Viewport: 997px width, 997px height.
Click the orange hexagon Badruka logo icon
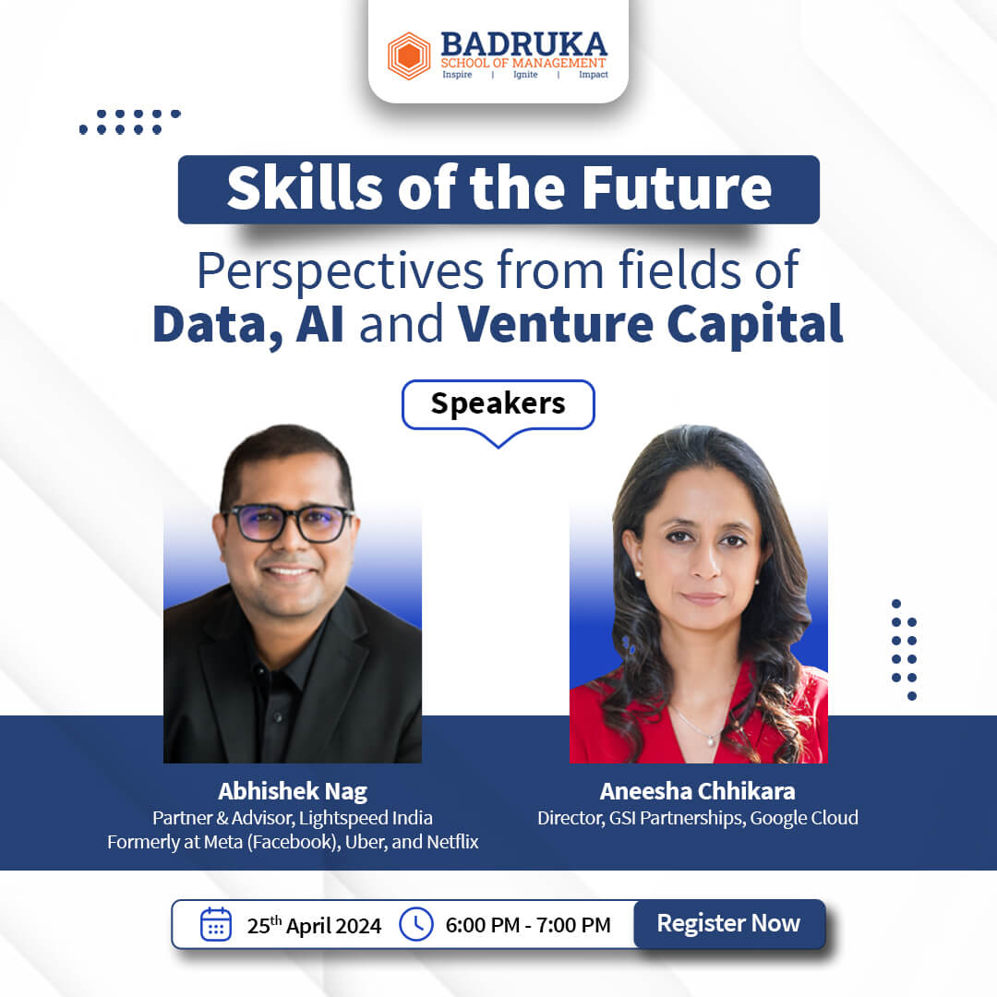point(409,56)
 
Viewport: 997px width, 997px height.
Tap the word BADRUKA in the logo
point(524,44)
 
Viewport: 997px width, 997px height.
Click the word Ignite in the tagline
point(525,75)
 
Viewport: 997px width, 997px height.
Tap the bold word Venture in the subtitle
point(555,324)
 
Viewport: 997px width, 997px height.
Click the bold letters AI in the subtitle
point(319,324)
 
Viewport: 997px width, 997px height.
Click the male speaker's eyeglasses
point(290,523)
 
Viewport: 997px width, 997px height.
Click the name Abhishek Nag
point(293,791)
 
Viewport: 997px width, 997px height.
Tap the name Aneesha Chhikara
point(698,791)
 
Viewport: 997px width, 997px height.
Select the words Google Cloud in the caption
point(804,818)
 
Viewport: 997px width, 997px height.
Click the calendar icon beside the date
point(215,924)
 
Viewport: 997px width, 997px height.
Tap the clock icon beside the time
point(415,924)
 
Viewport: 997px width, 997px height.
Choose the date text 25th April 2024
point(314,925)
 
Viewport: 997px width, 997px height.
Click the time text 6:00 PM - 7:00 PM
point(528,925)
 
